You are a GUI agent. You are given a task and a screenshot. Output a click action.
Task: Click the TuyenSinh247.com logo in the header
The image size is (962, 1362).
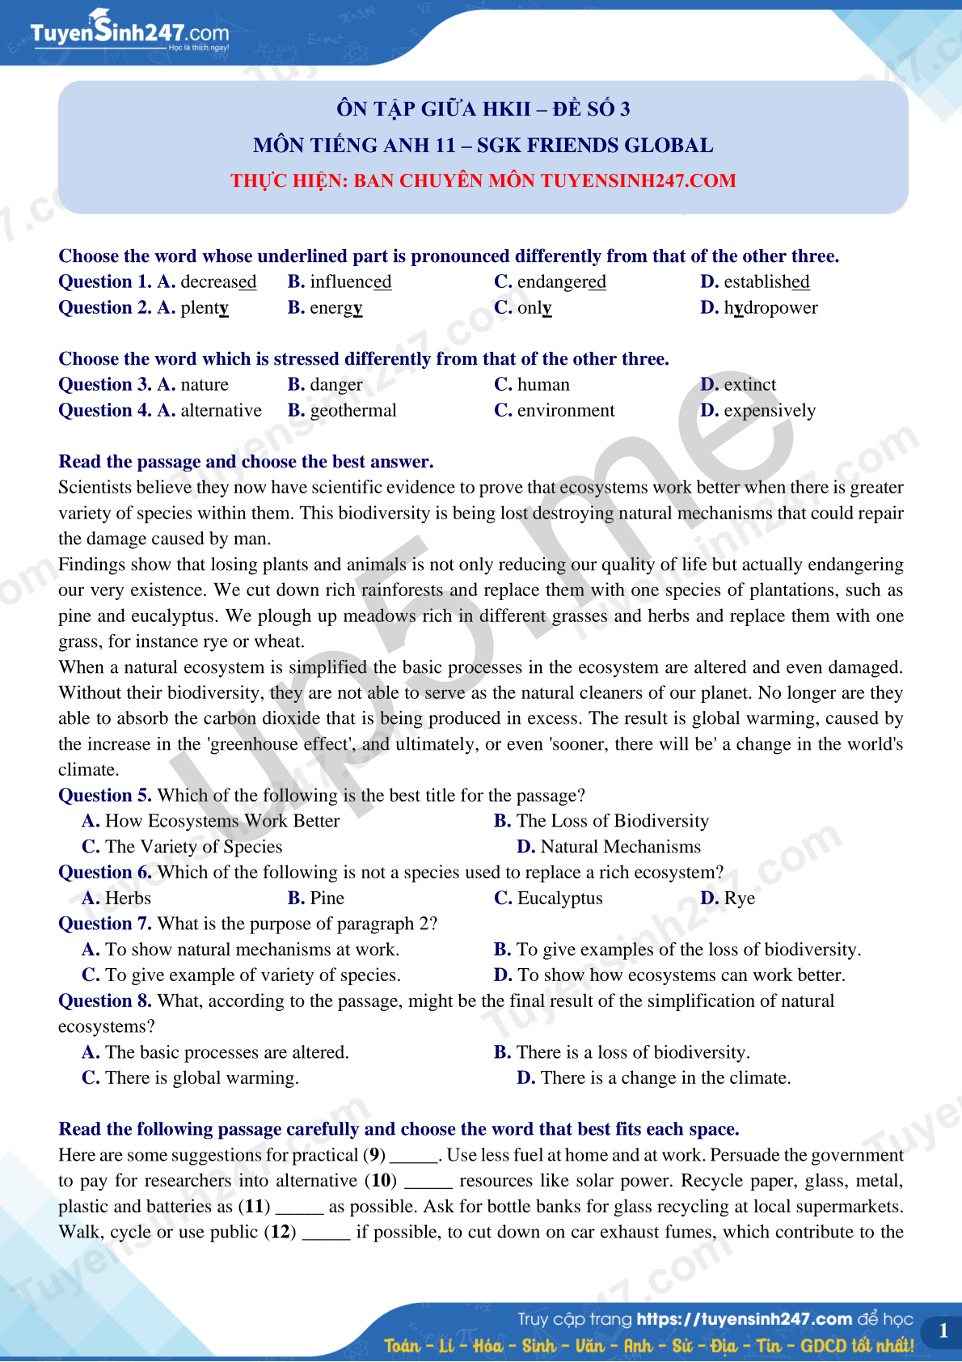click(129, 32)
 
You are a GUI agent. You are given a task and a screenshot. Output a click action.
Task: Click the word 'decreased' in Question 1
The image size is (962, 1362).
click(218, 281)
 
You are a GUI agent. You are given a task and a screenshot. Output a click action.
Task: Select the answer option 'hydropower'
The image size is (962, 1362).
click(770, 307)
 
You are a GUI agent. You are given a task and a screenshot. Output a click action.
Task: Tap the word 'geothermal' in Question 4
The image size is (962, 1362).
click(353, 410)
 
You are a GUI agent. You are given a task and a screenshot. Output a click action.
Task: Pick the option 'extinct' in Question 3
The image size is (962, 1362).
click(749, 384)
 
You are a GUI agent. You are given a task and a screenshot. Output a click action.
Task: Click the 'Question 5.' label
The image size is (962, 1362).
click(105, 795)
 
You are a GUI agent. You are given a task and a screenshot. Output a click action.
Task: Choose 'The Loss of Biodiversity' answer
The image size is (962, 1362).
click(612, 821)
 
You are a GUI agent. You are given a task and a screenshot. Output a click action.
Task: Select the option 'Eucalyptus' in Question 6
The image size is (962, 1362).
click(559, 898)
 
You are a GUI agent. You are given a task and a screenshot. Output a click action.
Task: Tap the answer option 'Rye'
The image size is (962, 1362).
click(739, 898)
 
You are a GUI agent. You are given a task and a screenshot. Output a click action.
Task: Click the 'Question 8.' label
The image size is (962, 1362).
click(105, 1000)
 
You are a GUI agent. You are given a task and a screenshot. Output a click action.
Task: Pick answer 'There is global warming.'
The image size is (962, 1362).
click(202, 1077)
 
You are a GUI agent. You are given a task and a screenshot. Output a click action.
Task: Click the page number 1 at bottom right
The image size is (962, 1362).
click(943, 1330)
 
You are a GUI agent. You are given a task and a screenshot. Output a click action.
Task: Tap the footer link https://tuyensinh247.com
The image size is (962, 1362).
click(744, 1319)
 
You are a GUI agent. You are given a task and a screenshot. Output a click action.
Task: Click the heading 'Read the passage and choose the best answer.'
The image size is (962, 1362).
click(246, 461)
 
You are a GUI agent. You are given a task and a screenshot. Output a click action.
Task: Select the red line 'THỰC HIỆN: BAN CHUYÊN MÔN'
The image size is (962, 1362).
click(483, 180)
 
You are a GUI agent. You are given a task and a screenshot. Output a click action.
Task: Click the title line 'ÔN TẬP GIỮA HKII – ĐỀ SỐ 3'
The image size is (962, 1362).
click(483, 108)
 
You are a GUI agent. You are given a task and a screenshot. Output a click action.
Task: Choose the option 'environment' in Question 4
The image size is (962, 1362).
click(565, 410)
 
